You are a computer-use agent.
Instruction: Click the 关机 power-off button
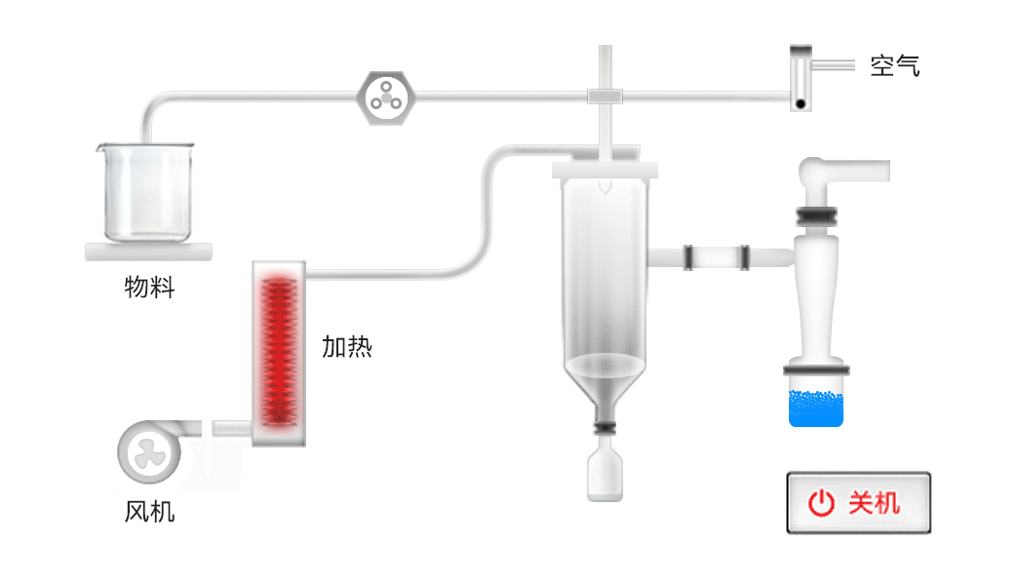click(858, 503)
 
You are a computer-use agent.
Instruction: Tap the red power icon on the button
click(821, 503)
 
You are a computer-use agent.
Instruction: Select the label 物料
click(150, 287)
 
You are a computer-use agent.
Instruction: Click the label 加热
click(347, 347)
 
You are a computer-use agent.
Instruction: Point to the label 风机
click(150, 512)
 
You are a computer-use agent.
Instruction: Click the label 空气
click(895, 65)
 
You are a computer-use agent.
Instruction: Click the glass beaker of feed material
click(146, 193)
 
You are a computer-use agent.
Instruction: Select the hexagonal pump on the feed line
click(386, 97)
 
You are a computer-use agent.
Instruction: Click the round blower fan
click(149, 452)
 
